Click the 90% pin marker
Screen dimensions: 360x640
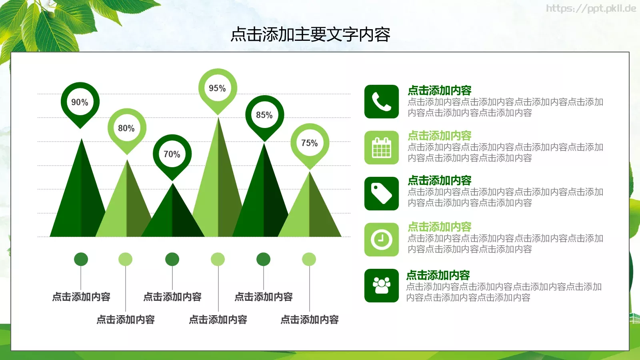(x=80, y=102)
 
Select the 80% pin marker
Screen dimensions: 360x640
(x=127, y=128)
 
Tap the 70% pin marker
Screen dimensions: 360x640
(x=172, y=154)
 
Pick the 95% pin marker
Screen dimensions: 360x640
(x=218, y=88)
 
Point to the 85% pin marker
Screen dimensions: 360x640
(x=264, y=115)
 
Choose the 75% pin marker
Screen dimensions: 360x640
(x=310, y=143)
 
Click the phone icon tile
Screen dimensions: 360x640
(x=382, y=102)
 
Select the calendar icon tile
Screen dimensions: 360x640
(x=382, y=148)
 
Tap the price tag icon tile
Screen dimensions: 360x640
(x=382, y=194)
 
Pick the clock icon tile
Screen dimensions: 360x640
(x=382, y=240)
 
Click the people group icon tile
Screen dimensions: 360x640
(x=382, y=286)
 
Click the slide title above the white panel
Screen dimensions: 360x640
(x=310, y=35)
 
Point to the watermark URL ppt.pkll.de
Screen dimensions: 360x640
(x=591, y=8)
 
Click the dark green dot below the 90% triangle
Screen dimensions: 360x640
(x=81, y=259)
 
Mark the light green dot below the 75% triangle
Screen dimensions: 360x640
(x=309, y=259)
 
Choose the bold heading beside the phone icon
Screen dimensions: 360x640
(x=439, y=90)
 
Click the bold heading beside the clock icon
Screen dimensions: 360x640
(x=439, y=227)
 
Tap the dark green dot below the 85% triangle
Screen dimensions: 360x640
(x=263, y=259)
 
